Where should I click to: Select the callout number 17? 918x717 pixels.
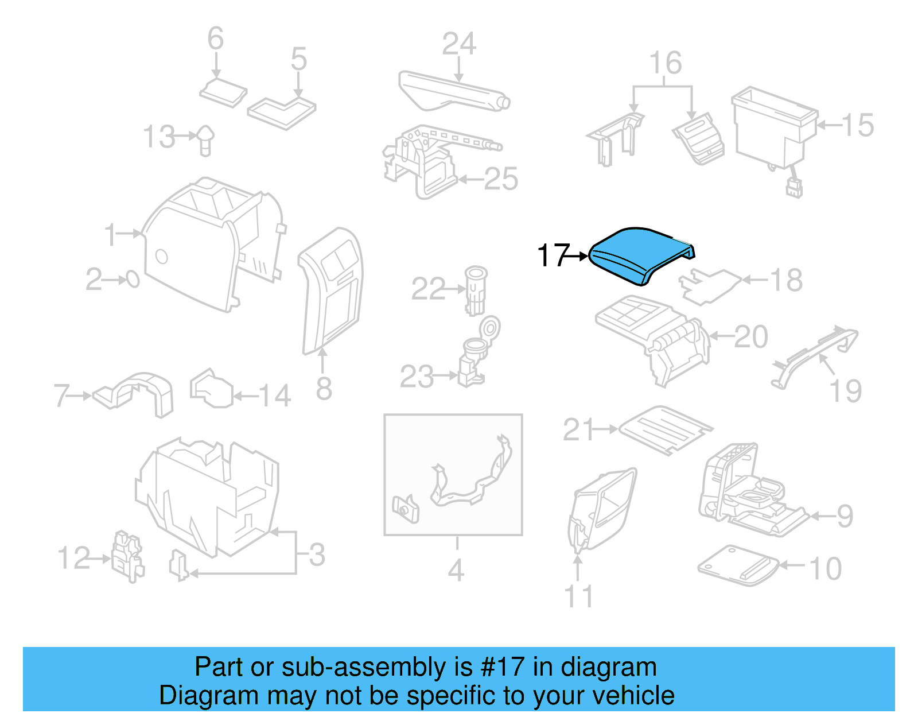[x=553, y=255]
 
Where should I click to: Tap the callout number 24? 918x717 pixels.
[x=459, y=44]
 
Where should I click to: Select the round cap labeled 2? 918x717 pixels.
[x=133, y=280]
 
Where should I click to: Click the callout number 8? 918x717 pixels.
[x=324, y=389]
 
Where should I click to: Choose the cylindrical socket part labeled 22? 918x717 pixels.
[x=476, y=289]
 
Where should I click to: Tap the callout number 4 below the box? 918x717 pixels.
[x=456, y=570]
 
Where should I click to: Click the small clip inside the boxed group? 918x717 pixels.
[x=406, y=507]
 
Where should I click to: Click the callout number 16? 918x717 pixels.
[x=665, y=63]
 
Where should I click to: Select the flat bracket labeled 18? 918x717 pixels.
[x=709, y=285]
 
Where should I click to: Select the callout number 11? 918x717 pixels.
[x=578, y=596]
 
